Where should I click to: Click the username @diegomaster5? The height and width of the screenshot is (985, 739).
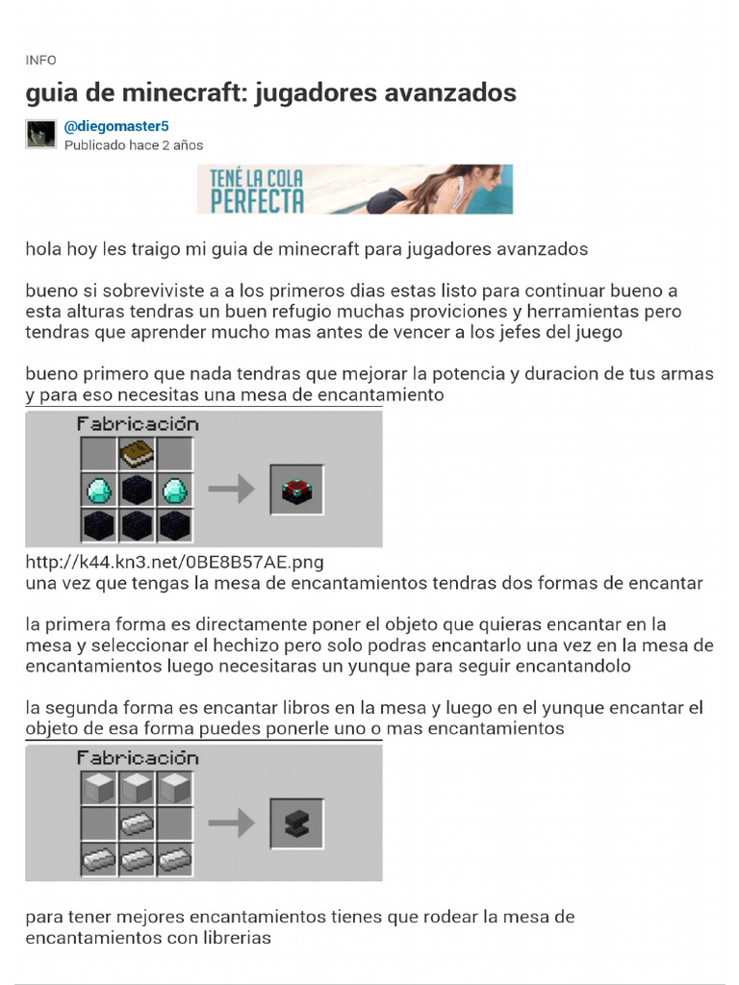pos(116,126)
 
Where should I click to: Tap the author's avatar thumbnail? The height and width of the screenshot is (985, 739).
pos(40,134)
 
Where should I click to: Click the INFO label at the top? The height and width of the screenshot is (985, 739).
pos(40,61)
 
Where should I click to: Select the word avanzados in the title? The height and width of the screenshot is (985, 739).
pos(450,92)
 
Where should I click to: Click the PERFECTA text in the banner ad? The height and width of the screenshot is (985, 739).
pos(257,201)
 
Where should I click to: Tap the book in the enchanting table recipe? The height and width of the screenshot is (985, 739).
pos(137,454)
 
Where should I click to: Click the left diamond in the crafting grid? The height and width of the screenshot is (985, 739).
pos(99,490)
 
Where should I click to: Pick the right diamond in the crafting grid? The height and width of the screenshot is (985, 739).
pos(175,490)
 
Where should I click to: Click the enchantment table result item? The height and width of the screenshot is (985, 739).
pos(297,490)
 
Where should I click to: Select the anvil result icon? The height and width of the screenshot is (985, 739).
pos(297,823)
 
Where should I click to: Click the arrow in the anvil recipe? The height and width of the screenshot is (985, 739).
pos(231,823)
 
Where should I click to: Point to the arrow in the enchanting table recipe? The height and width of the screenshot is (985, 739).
pos(231,490)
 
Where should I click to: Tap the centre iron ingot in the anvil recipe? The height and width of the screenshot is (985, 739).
pos(137,824)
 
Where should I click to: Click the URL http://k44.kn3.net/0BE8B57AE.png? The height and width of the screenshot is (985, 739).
pos(175,562)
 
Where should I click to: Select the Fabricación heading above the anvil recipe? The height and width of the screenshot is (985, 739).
pos(138,758)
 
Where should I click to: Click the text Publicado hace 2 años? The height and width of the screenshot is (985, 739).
pos(134,145)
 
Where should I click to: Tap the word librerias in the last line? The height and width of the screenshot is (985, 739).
pos(237,938)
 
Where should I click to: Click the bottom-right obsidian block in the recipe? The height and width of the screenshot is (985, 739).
pos(175,526)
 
